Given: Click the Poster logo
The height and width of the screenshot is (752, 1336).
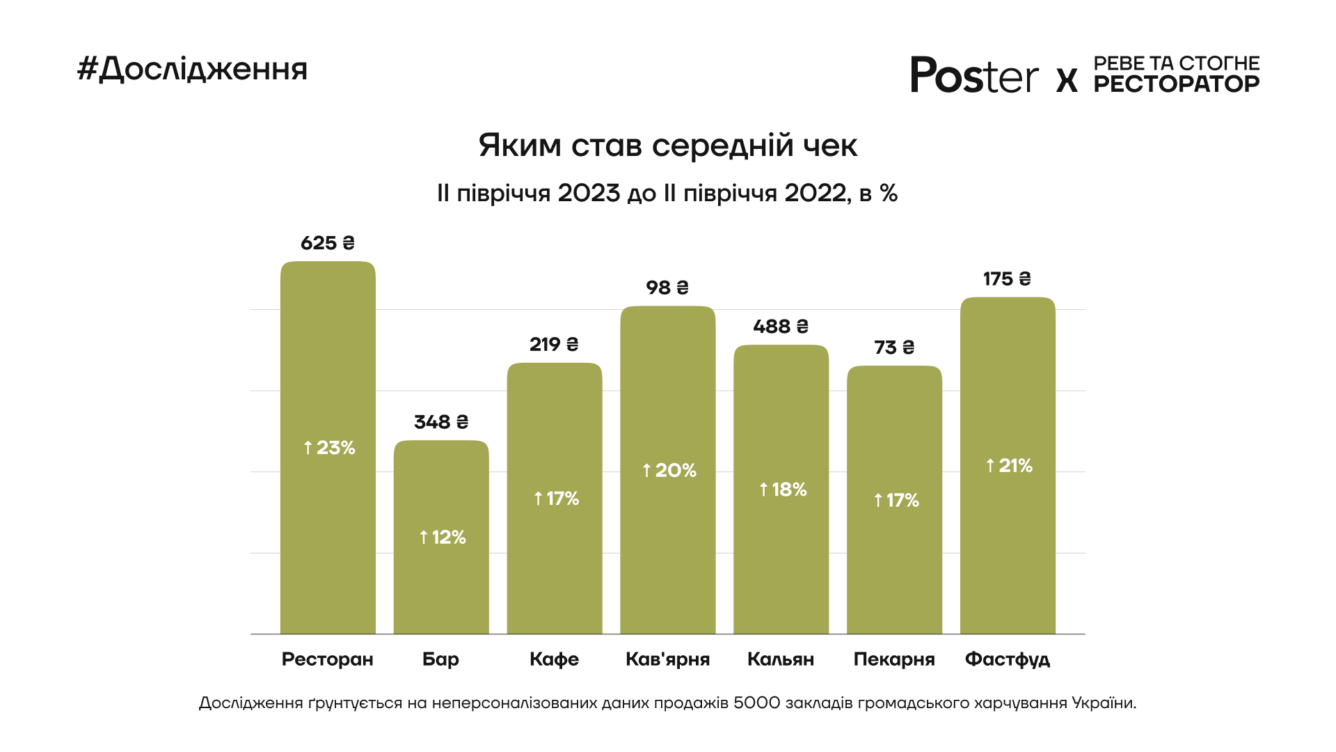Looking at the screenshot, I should tap(974, 75).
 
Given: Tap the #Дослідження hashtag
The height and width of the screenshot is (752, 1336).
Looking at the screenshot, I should tap(192, 69).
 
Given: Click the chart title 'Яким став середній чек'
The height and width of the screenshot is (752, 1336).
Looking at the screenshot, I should tap(667, 146).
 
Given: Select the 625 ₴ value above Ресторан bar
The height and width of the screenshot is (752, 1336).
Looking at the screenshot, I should tap(328, 243).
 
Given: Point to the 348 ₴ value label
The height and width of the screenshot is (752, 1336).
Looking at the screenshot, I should tap(441, 422).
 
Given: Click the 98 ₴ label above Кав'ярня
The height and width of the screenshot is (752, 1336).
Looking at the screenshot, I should tap(667, 288).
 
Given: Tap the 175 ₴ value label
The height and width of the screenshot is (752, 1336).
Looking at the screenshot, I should tap(1007, 279).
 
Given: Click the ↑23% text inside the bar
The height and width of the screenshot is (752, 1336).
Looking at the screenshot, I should tap(329, 448).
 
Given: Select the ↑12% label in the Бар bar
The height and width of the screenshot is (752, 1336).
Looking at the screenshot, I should tap(443, 538).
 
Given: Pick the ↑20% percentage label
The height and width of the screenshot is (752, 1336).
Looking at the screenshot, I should tap(669, 471).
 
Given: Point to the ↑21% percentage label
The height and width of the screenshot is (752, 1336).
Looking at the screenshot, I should tap(1009, 466).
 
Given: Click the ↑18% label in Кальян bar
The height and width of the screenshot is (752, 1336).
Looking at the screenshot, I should tap(783, 489).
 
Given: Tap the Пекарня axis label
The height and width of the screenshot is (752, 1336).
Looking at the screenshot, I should tap(894, 659).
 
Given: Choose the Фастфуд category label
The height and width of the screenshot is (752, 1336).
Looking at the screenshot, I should tap(1007, 659).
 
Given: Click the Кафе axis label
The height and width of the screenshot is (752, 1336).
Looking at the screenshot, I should tap(554, 659).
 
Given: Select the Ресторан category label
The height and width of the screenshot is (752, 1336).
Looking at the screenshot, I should tap(327, 659).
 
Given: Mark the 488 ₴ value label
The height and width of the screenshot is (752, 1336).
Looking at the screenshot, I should tap(781, 327).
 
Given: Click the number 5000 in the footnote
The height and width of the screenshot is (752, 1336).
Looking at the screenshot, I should tap(756, 703).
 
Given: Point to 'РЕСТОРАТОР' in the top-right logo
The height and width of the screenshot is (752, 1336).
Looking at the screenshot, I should tap(1176, 84).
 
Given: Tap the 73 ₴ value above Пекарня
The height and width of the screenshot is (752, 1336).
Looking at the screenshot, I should tap(894, 347).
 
